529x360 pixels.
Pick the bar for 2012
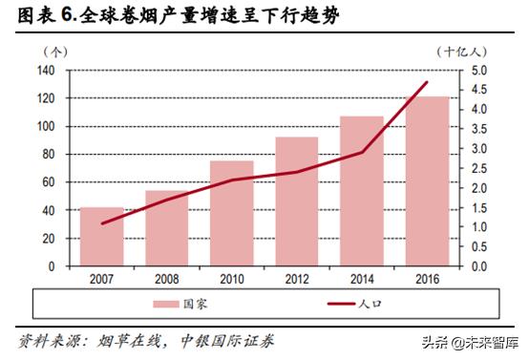click(297, 201)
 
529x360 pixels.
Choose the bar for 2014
click(362, 191)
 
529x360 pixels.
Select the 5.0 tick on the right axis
click(478, 71)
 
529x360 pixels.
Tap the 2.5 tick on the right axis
click(478, 168)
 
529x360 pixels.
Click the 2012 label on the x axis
click(297, 279)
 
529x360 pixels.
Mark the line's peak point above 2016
click(426, 82)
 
